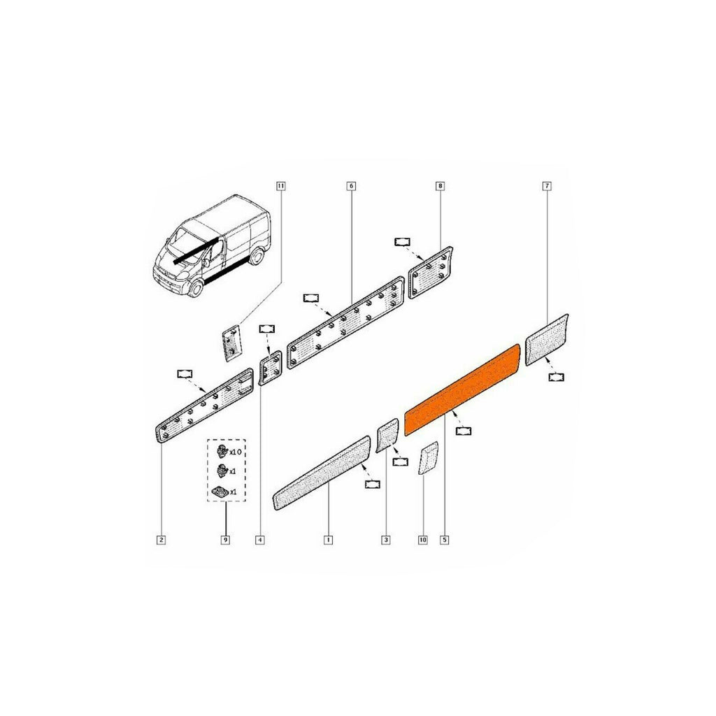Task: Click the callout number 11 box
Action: click(281, 186)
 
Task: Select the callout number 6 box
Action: click(351, 186)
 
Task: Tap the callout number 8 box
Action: click(441, 186)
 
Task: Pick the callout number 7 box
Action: click(547, 186)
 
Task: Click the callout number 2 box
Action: click(161, 540)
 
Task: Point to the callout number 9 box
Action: click(225, 540)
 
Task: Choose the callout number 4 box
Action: click(260, 540)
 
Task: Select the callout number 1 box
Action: click(328, 540)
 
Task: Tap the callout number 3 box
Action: click(386, 540)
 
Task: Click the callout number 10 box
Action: click(423, 540)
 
